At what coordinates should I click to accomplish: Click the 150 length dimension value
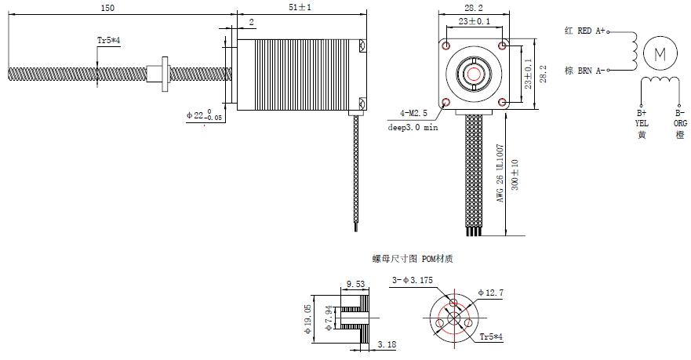[107, 8]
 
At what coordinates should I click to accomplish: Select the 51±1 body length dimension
[300, 7]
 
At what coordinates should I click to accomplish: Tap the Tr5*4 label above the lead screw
[108, 41]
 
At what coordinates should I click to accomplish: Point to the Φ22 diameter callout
[204, 115]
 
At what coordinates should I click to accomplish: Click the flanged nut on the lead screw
[159, 74]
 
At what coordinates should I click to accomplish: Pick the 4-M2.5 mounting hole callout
[413, 113]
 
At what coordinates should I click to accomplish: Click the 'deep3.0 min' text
[413, 127]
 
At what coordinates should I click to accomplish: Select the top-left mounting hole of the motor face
[446, 45]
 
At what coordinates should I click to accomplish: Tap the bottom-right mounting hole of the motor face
[502, 103]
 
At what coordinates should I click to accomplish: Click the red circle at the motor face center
[474, 74]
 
